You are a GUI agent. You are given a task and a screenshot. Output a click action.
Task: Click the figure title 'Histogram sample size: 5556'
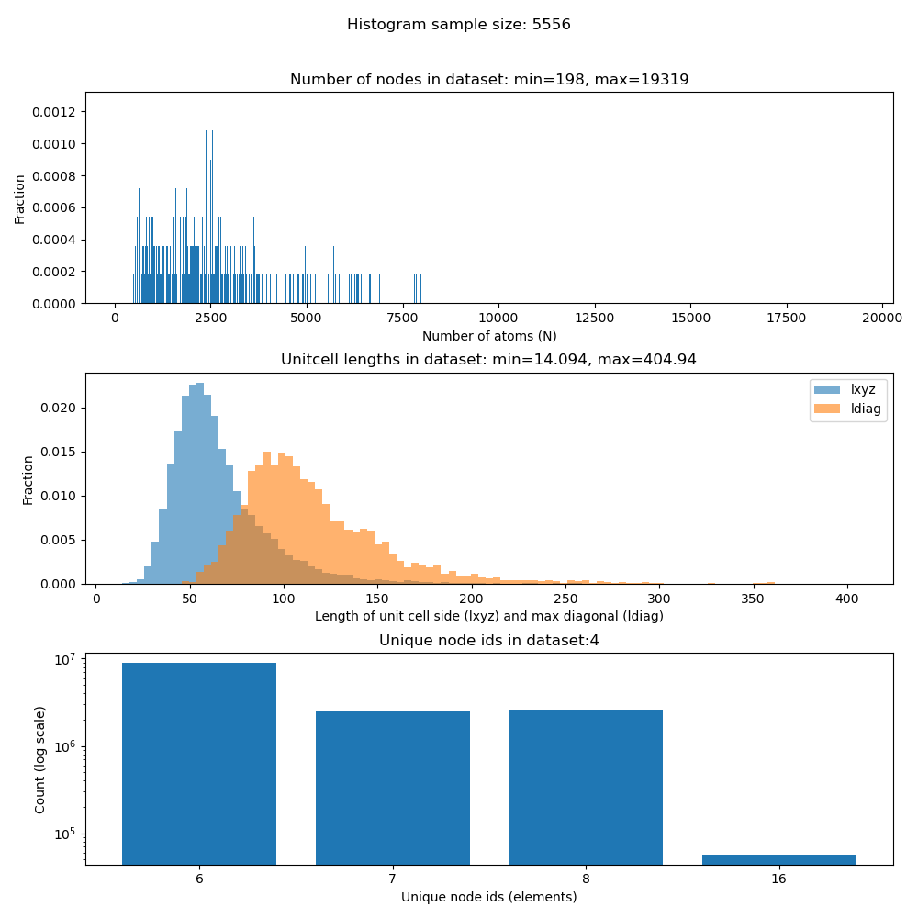click(459, 25)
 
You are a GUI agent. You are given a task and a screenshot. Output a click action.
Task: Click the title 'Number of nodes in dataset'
click(489, 80)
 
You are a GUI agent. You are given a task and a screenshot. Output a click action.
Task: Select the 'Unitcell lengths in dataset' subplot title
click(488, 360)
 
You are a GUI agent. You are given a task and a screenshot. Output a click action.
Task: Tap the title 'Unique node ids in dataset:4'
click(488, 640)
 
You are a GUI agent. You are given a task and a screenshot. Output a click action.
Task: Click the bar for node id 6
click(199, 763)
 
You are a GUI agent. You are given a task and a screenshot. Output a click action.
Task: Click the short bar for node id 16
click(778, 860)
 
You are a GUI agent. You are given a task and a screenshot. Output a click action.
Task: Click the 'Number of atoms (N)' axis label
click(489, 336)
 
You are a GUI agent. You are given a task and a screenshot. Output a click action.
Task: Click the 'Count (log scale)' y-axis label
click(40, 759)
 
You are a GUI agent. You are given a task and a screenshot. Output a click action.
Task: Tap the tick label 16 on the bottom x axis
click(778, 879)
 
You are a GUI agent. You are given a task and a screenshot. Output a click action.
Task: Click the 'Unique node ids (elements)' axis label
click(489, 897)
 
